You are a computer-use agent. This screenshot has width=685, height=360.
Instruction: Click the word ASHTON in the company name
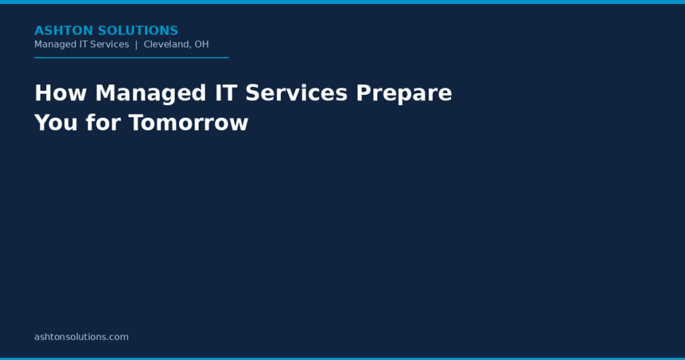click(x=64, y=31)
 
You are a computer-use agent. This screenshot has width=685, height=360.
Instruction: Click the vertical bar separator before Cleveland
click(x=136, y=45)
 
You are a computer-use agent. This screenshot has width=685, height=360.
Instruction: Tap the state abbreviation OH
click(x=202, y=44)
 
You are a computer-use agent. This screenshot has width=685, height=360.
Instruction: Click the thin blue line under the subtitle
click(x=132, y=58)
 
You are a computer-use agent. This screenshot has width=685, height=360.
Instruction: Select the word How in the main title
click(x=61, y=93)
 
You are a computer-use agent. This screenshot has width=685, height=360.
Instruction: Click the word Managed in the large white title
click(x=151, y=94)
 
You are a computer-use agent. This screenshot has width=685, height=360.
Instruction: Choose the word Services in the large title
click(x=296, y=93)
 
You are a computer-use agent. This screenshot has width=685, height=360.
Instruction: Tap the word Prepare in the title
click(x=404, y=94)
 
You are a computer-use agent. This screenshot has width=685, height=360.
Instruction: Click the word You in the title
click(x=56, y=122)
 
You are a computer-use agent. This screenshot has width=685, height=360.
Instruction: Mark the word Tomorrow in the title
click(x=188, y=122)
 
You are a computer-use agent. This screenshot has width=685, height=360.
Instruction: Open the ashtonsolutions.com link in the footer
click(x=82, y=337)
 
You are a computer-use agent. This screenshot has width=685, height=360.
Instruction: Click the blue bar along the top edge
click(x=342, y=2)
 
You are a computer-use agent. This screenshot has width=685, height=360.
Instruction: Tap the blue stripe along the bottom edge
click(x=342, y=359)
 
